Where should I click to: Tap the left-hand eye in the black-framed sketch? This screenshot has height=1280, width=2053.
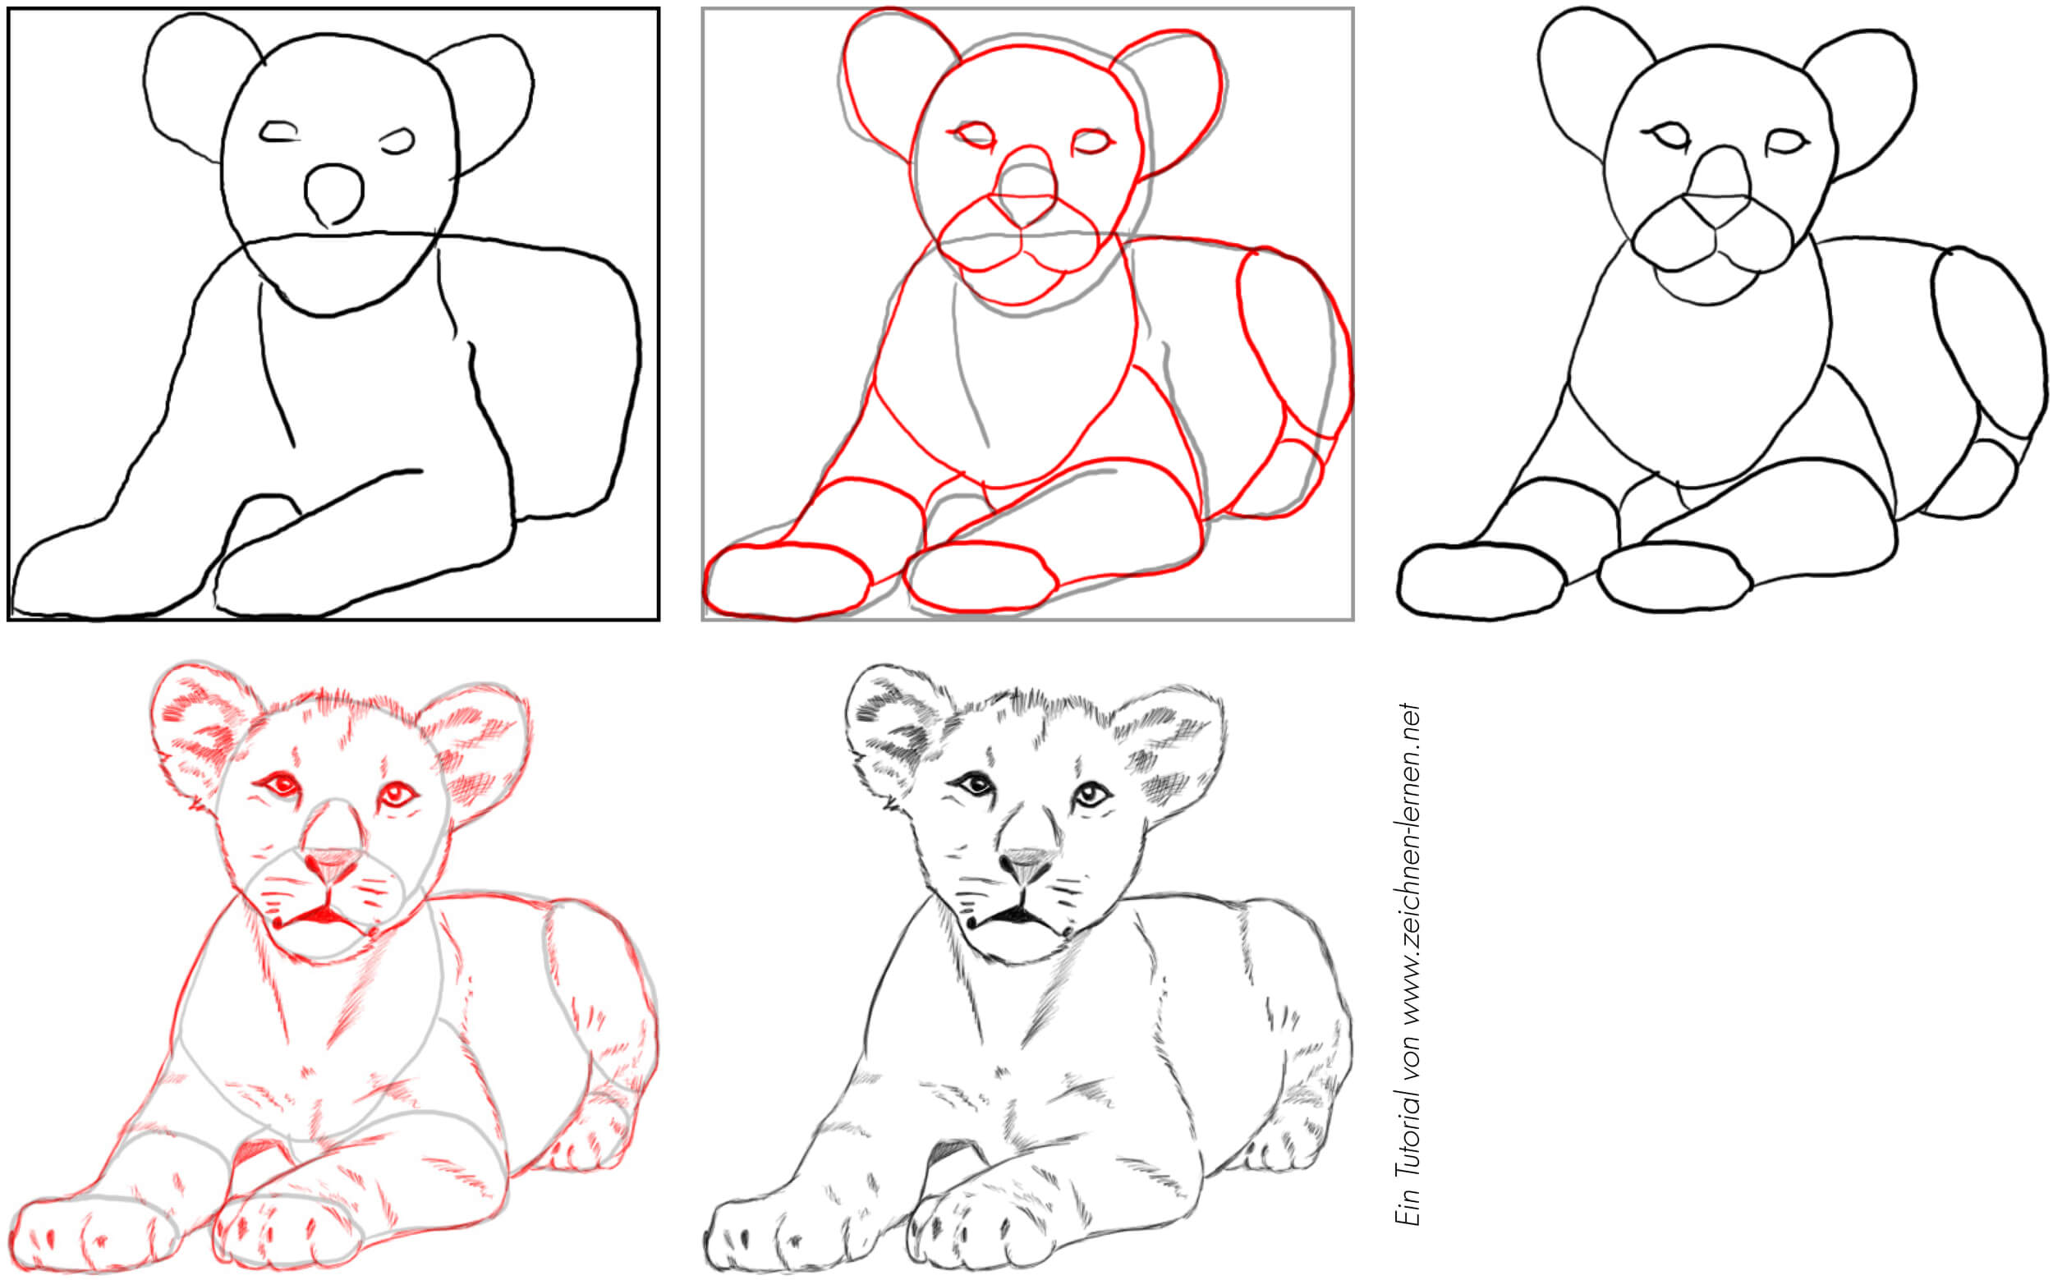[x=279, y=132]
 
